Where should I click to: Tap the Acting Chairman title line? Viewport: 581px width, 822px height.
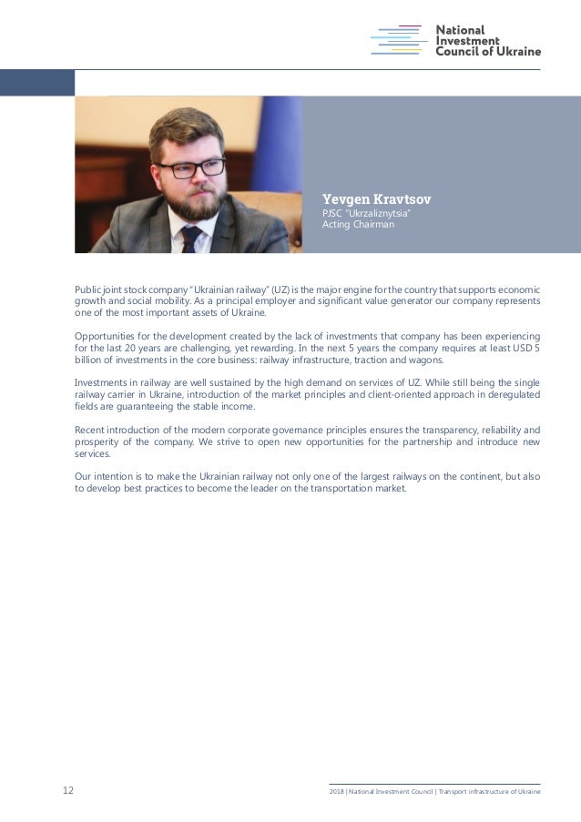359,225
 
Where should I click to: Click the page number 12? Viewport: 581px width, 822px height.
68,791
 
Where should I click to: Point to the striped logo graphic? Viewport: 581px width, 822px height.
398,40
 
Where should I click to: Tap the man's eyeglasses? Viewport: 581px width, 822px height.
192,167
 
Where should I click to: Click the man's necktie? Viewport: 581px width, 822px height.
191,238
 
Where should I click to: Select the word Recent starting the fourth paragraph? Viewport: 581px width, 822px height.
91,430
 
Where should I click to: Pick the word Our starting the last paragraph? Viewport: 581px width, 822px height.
83,476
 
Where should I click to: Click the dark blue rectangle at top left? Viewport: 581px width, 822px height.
36,83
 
